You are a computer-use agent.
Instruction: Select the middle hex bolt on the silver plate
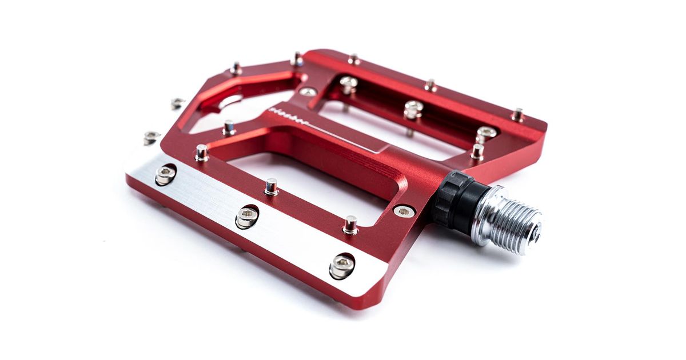click(247, 216)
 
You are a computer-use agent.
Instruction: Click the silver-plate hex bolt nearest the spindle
click(342, 265)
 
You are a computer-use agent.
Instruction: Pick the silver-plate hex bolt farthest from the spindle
click(165, 174)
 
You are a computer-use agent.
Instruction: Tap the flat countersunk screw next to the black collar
click(404, 211)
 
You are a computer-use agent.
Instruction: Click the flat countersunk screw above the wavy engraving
click(308, 91)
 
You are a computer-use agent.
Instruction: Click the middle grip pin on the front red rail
click(272, 186)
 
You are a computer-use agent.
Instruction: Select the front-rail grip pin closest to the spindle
click(350, 224)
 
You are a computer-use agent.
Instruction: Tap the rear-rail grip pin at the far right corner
click(518, 114)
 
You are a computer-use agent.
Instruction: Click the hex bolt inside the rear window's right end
click(485, 133)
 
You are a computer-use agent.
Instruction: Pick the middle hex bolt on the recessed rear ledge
click(413, 108)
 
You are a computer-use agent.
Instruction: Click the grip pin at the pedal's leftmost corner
click(151, 137)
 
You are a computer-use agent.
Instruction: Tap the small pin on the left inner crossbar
click(229, 127)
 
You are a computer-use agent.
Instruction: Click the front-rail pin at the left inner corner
click(202, 152)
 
